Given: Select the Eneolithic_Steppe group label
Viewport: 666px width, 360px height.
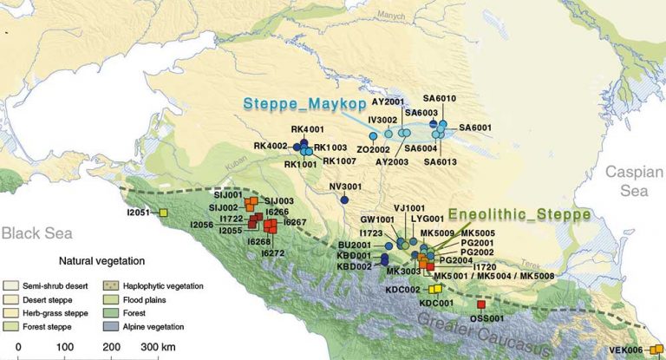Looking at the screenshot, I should tap(518, 213).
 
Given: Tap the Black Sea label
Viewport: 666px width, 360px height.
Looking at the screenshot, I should tap(30, 233).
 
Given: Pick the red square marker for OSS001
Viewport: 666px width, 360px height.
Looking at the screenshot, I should tap(481, 304).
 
